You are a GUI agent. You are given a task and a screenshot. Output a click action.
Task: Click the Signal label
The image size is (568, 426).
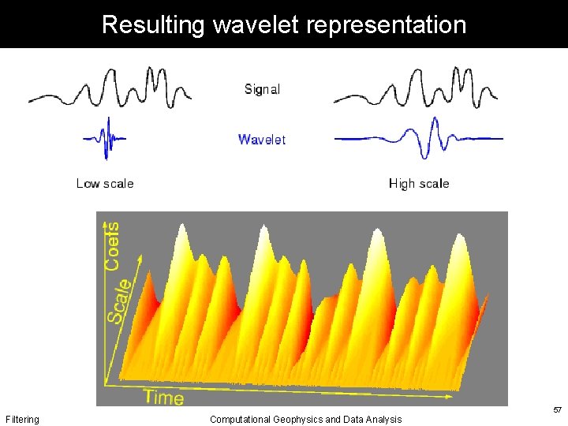coord(262,89)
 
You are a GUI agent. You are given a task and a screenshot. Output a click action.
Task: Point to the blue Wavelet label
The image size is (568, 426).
coord(262,140)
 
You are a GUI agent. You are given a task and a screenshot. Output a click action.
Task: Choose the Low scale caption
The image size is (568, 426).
coord(105,183)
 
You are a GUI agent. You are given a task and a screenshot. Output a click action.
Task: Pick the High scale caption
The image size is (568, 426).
coord(419,183)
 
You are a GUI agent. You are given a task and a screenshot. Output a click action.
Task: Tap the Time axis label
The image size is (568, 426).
coord(164,397)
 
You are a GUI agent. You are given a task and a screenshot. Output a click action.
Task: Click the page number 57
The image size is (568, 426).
coord(557,410)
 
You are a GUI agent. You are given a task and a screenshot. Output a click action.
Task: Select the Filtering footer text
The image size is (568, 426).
coord(22,420)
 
